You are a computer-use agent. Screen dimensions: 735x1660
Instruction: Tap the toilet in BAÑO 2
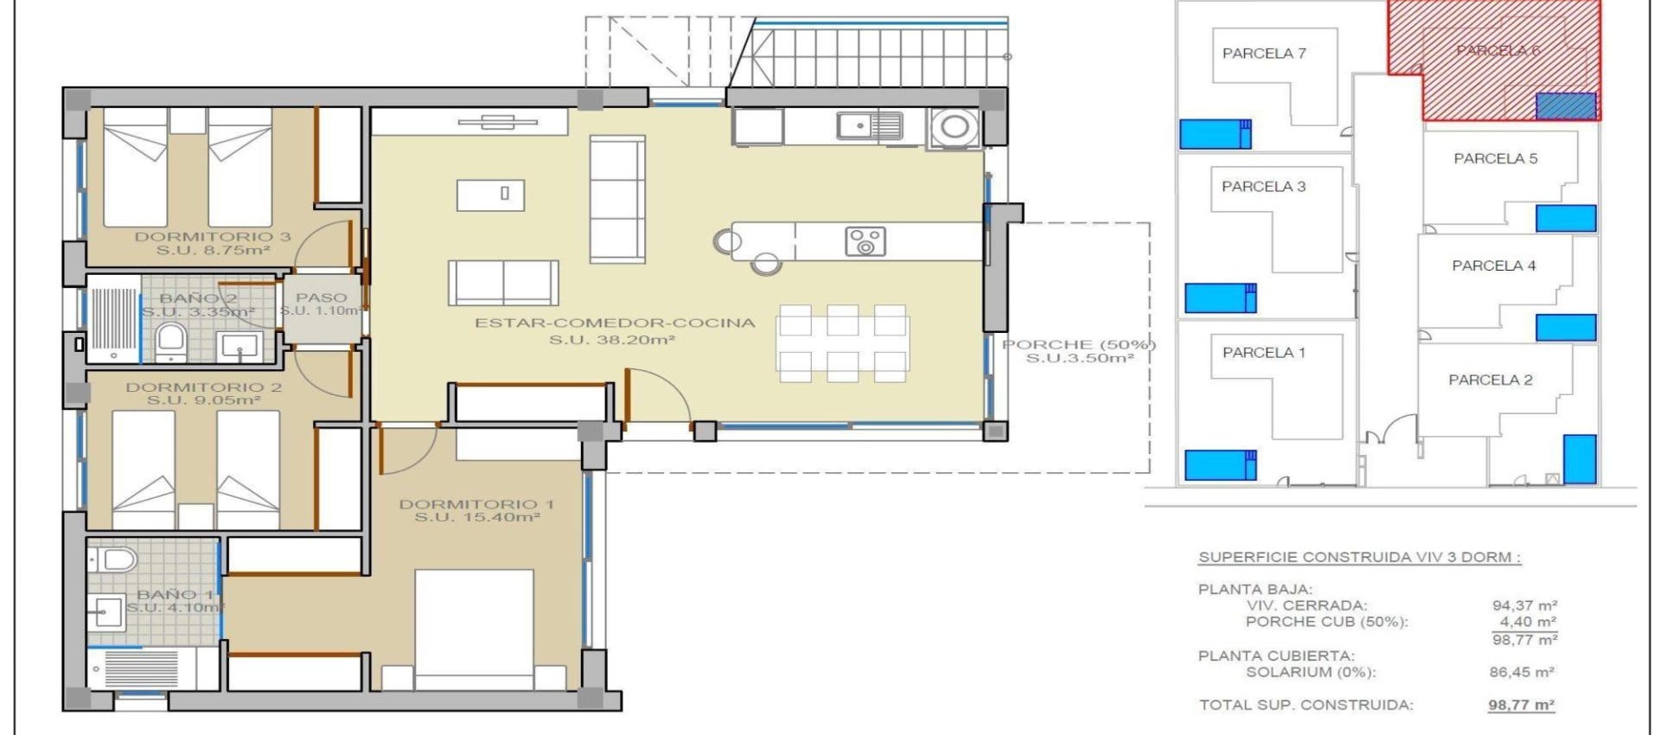(x=171, y=340)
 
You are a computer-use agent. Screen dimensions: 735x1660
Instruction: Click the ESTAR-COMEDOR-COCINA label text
(x=614, y=323)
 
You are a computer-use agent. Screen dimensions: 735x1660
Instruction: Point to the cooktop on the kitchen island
(x=865, y=241)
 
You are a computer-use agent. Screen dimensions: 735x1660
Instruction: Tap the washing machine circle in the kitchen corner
(x=954, y=127)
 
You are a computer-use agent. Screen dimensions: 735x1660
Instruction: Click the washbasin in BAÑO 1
(x=107, y=612)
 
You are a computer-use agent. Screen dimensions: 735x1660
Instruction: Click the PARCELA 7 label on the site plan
(x=1264, y=54)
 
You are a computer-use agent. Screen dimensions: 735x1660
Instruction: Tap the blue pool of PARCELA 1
(x=1219, y=465)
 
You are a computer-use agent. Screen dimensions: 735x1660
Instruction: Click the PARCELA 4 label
(x=1494, y=266)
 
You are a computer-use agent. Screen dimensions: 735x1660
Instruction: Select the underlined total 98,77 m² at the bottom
(x=1522, y=705)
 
